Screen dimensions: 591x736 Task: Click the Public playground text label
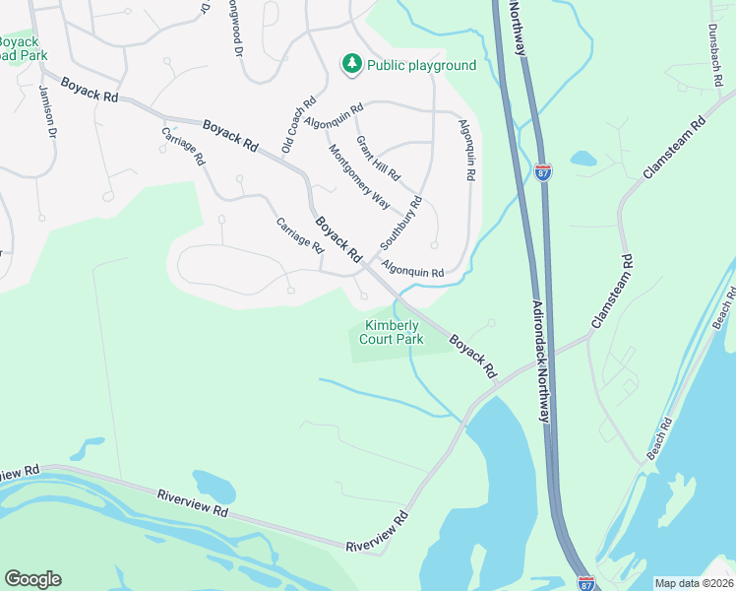point(421,66)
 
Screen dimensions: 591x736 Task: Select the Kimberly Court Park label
point(394,333)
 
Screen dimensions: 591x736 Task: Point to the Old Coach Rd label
point(298,124)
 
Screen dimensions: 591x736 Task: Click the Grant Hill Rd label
point(379,159)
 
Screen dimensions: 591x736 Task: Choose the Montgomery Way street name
point(358,173)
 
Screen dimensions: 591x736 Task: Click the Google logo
point(32,579)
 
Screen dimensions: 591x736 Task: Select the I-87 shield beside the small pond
point(543,171)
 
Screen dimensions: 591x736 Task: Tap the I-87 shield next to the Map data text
point(585,583)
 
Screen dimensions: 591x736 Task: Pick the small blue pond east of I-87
point(583,158)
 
